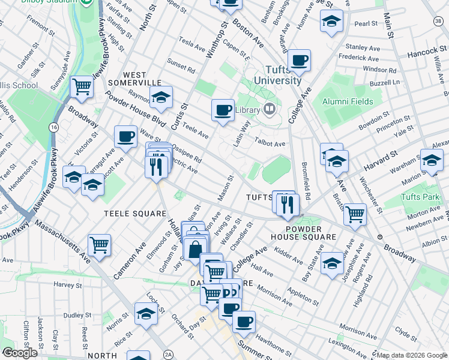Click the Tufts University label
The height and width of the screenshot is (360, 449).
tap(277, 76)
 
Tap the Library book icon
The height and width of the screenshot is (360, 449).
tap(270, 109)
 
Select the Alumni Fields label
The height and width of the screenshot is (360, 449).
tap(348, 102)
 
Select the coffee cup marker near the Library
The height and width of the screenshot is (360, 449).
tap(223, 110)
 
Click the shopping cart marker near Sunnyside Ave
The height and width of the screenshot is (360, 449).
tap(81, 86)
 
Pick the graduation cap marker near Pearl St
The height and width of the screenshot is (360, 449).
tap(331, 22)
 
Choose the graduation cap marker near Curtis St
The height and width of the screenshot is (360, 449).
tap(160, 97)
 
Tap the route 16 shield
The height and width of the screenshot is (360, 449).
tap(55, 128)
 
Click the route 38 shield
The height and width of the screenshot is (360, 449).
tap(439, 21)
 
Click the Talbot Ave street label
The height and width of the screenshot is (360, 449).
tap(271, 144)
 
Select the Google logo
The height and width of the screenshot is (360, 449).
tap(20, 353)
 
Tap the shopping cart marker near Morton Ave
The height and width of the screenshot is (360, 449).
tap(356, 213)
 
